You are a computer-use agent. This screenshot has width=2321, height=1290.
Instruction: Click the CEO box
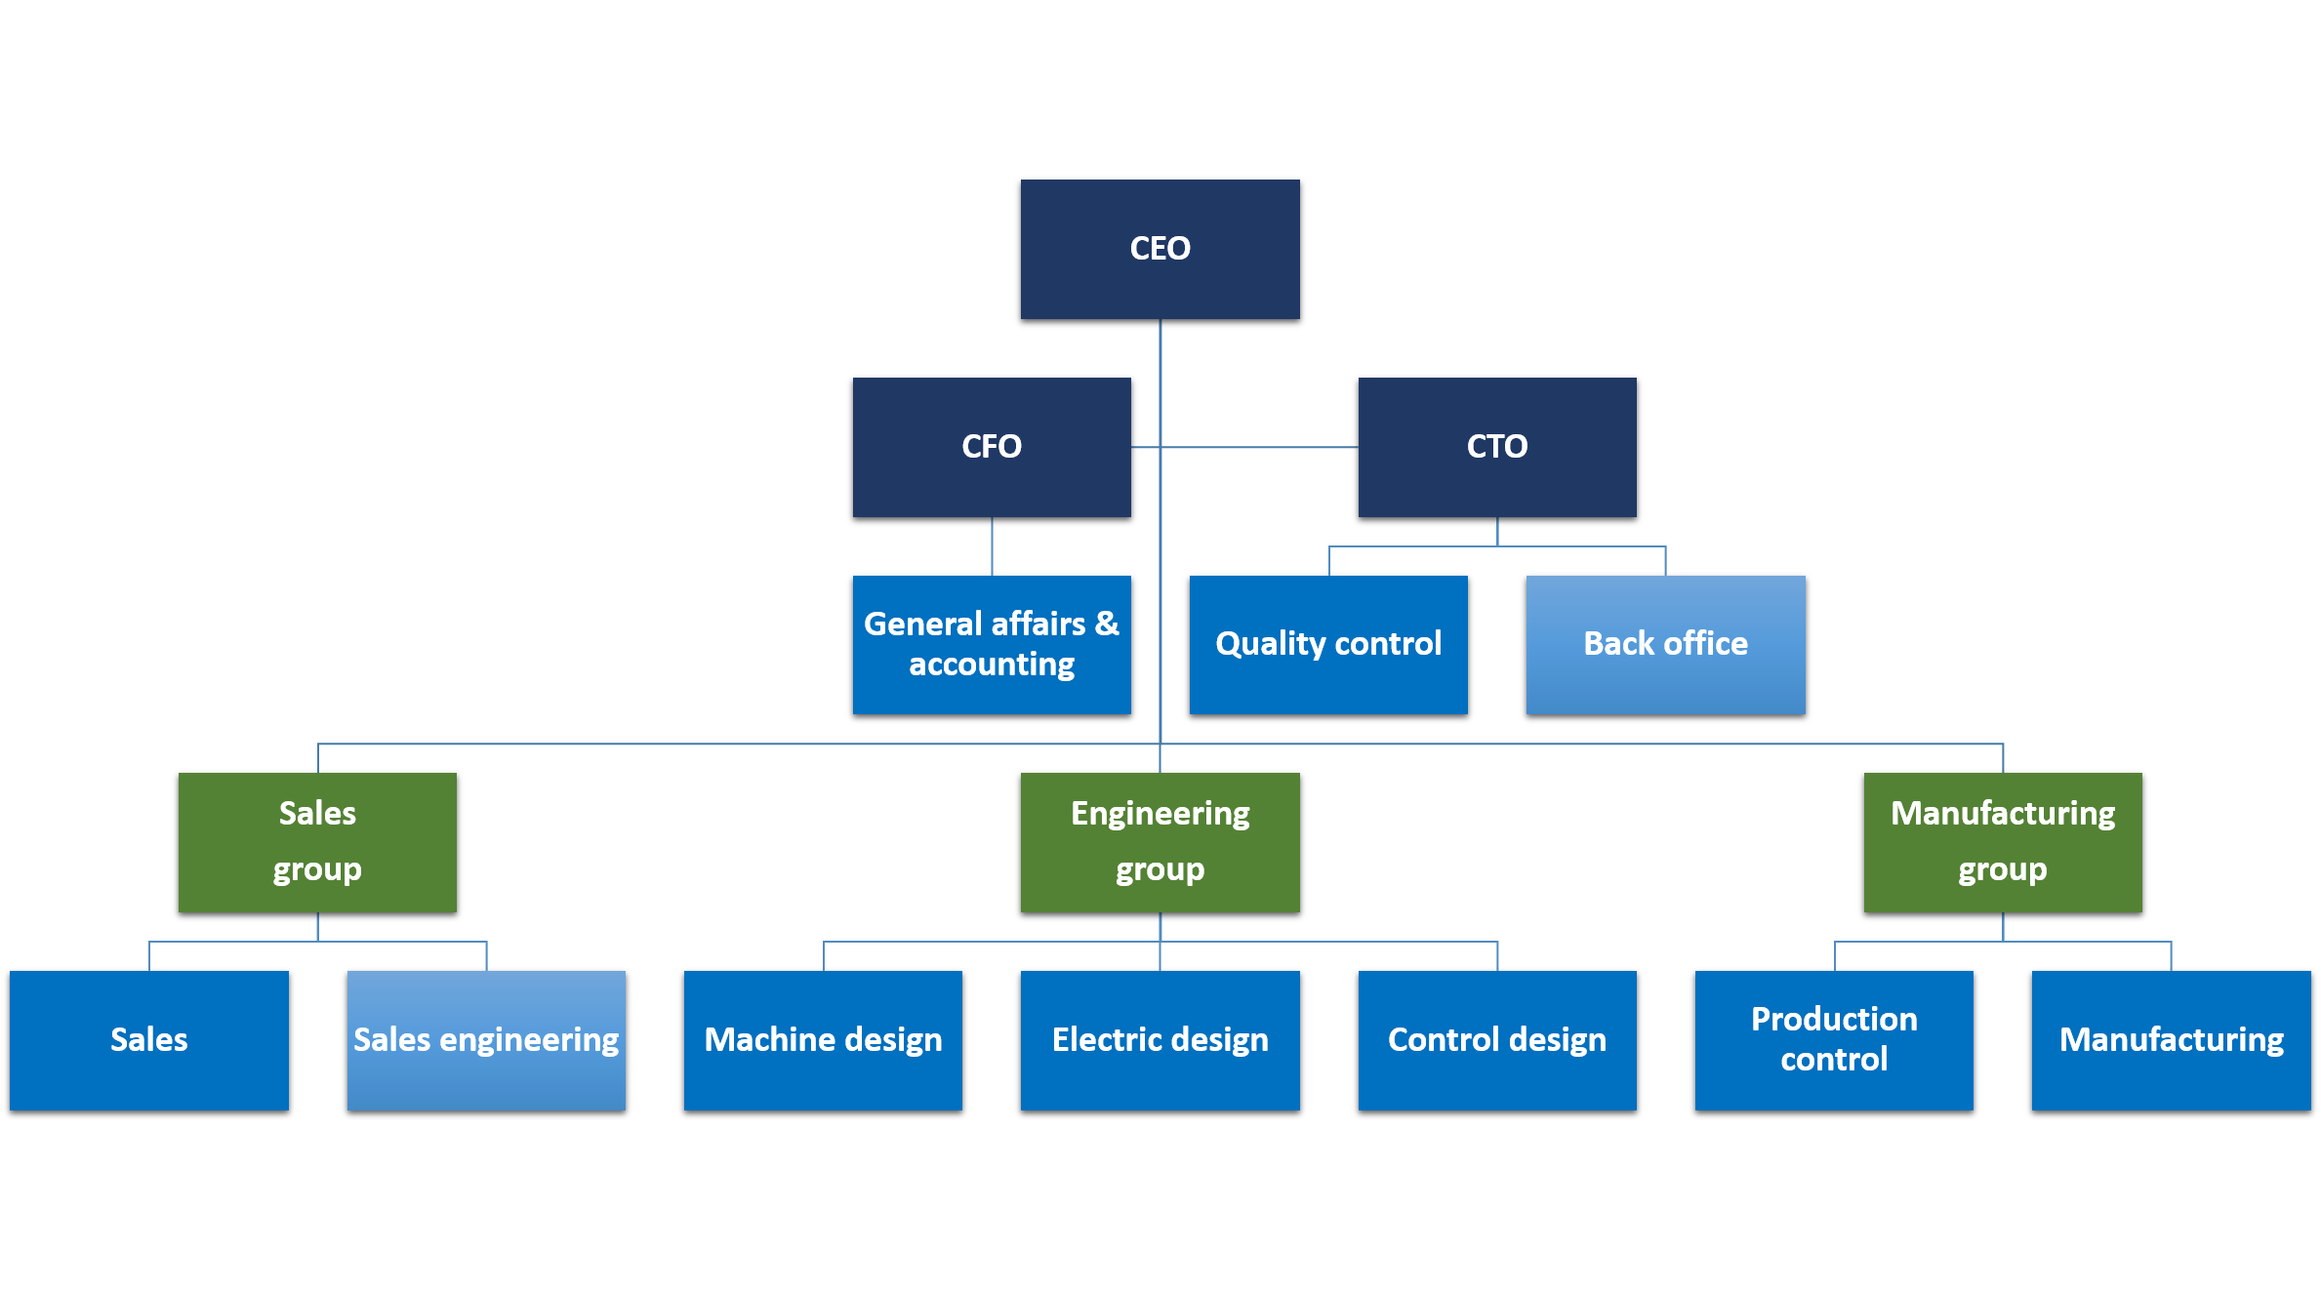[x=1160, y=249]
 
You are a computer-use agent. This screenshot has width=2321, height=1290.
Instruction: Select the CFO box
[x=991, y=447]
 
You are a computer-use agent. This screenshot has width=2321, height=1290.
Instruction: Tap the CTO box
[x=1496, y=447]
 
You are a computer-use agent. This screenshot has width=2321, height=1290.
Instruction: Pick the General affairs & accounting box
[x=991, y=644]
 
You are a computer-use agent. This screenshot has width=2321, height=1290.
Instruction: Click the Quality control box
[x=1327, y=644]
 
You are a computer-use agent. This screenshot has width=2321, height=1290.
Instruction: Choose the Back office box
[x=1665, y=644]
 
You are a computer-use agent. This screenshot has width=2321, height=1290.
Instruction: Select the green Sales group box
[x=317, y=842]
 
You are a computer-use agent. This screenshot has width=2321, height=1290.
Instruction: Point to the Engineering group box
[x=1160, y=842]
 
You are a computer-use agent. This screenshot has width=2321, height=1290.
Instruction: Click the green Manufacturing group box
[x=2002, y=842]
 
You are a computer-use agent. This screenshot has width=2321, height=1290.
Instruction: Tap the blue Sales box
[x=148, y=1040]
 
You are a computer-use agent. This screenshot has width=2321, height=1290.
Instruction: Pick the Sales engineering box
[x=486, y=1040]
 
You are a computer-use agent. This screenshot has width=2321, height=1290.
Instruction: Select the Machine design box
[x=823, y=1040]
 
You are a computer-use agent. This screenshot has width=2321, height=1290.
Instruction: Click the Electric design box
[x=1160, y=1040]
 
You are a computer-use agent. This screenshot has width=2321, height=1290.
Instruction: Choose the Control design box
[x=1496, y=1040]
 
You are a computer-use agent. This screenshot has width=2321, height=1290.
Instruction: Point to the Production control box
[x=1834, y=1040]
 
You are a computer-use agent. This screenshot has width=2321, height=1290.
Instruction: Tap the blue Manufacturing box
[x=2171, y=1040]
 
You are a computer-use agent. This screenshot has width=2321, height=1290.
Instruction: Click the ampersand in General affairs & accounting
[x=1107, y=624]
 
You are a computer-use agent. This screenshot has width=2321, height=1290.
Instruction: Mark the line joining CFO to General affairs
[x=992, y=546]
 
